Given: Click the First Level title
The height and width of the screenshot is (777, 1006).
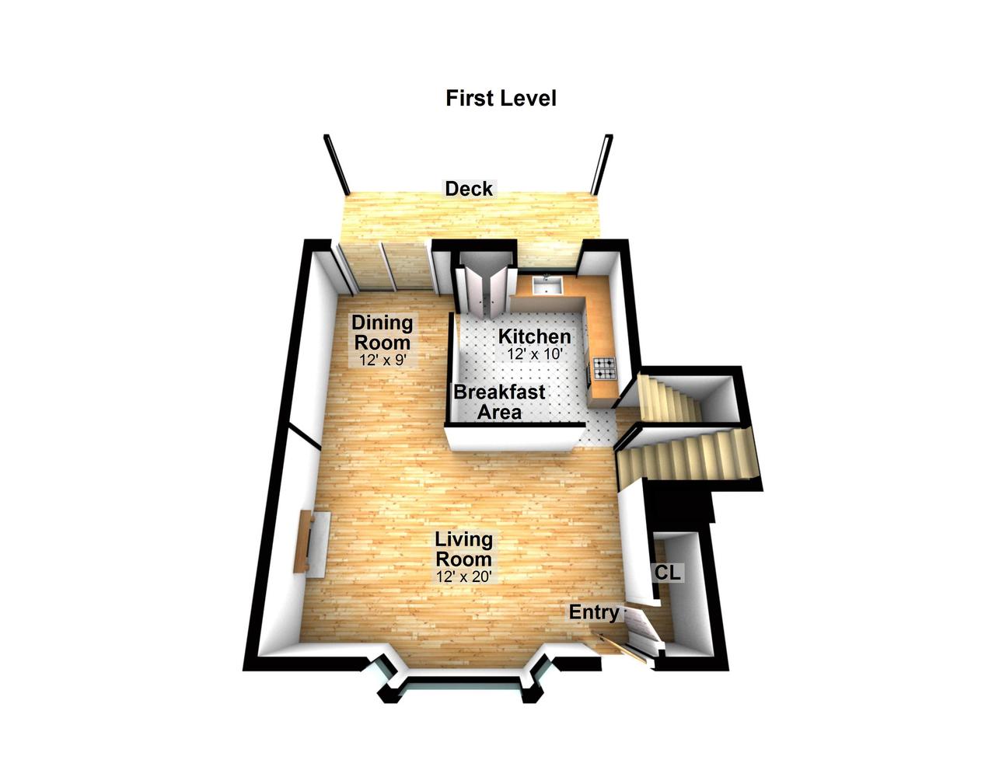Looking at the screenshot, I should [x=501, y=99].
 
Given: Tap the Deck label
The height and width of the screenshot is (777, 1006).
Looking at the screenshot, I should [x=468, y=189].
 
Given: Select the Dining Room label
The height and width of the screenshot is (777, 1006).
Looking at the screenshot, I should [x=382, y=333].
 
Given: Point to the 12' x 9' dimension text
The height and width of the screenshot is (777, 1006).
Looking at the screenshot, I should [x=382, y=360].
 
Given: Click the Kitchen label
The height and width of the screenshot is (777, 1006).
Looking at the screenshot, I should [x=534, y=336].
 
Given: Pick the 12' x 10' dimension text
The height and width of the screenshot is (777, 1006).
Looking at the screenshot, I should [x=535, y=354].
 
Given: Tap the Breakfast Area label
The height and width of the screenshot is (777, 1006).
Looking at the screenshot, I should [x=499, y=402].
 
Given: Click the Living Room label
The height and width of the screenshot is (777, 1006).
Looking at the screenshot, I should [x=463, y=549].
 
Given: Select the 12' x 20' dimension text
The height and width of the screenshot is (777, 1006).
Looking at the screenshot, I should [x=464, y=577].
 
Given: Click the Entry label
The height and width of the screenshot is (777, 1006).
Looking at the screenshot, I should [x=594, y=612].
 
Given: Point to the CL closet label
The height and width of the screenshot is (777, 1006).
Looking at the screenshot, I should [x=668, y=573].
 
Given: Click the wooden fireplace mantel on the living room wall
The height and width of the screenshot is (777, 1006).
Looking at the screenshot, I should [x=302, y=542].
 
